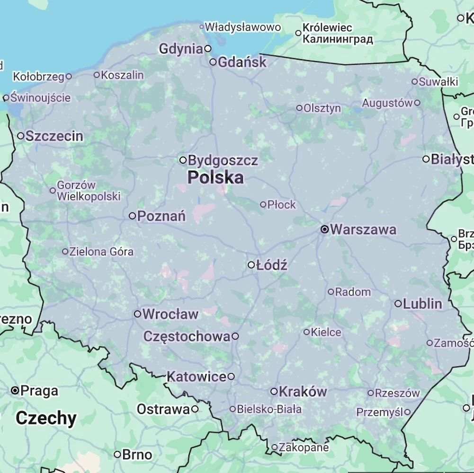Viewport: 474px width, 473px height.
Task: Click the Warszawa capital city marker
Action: (325, 229)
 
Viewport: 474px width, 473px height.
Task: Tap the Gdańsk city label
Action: (242, 62)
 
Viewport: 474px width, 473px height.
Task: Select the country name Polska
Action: (215, 178)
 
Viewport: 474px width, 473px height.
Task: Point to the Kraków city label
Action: (303, 392)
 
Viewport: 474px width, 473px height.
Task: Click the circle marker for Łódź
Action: (251, 265)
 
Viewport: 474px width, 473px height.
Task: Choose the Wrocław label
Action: (170, 314)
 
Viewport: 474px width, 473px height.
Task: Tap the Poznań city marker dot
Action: (133, 216)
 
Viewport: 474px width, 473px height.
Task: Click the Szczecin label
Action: (54, 136)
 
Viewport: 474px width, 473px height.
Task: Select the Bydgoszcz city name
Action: (223, 160)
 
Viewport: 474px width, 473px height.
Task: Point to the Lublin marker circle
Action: (398, 304)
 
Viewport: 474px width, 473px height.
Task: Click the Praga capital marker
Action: (15, 391)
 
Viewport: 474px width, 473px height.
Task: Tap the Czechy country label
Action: (46, 419)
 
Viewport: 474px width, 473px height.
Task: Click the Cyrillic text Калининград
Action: (338, 39)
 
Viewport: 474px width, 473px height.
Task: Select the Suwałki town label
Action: (438, 82)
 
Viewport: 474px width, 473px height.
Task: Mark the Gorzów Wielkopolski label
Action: (89, 191)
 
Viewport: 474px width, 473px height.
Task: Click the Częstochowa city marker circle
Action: (235, 336)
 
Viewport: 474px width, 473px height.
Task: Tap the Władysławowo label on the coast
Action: (243, 27)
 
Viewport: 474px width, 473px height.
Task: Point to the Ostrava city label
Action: (163, 409)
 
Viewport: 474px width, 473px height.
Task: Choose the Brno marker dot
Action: (117, 455)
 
